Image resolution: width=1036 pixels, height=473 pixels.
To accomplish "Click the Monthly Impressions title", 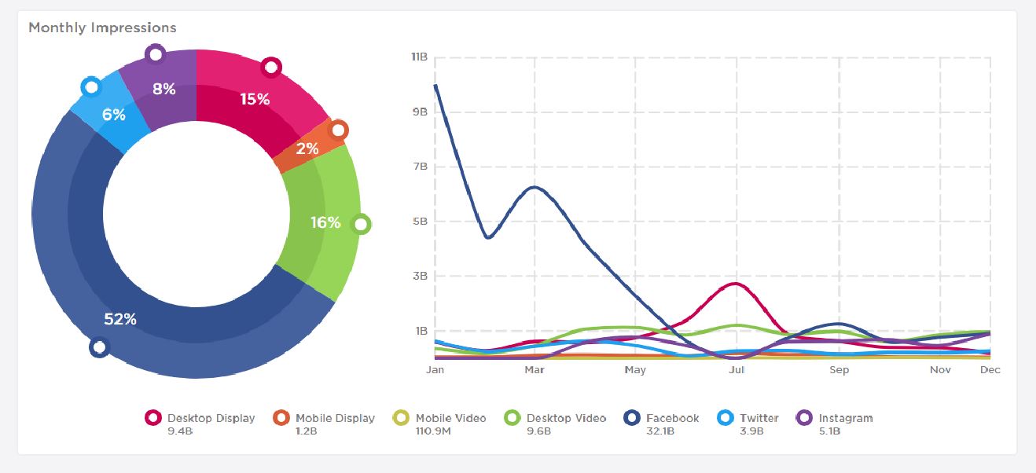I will click(x=102, y=27).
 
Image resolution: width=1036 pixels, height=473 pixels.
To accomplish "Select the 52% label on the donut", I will click(x=120, y=319).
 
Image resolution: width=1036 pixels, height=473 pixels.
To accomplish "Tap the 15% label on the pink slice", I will click(x=254, y=99).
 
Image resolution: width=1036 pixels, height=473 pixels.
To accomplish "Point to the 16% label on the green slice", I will click(x=325, y=222).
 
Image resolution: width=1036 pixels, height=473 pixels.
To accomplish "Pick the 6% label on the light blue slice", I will click(x=113, y=115).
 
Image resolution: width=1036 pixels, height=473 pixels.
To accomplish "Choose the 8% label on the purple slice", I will click(x=164, y=89).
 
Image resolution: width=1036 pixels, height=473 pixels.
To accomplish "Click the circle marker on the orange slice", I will click(x=338, y=130).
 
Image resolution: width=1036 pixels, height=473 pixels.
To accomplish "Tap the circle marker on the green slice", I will click(x=361, y=225).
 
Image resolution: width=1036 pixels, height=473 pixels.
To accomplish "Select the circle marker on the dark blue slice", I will click(x=99, y=347).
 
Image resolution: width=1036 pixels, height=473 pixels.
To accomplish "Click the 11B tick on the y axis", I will click(x=418, y=57).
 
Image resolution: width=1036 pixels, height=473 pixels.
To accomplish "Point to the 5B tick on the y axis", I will click(x=419, y=222).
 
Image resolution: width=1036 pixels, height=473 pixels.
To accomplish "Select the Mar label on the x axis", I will click(x=535, y=369).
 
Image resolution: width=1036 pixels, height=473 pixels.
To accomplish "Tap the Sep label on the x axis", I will click(x=839, y=369).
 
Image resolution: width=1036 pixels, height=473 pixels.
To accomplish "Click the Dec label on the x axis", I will click(x=990, y=369).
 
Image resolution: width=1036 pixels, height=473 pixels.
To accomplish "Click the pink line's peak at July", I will click(x=736, y=284).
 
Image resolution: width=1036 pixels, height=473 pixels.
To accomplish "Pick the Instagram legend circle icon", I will click(x=804, y=418).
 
